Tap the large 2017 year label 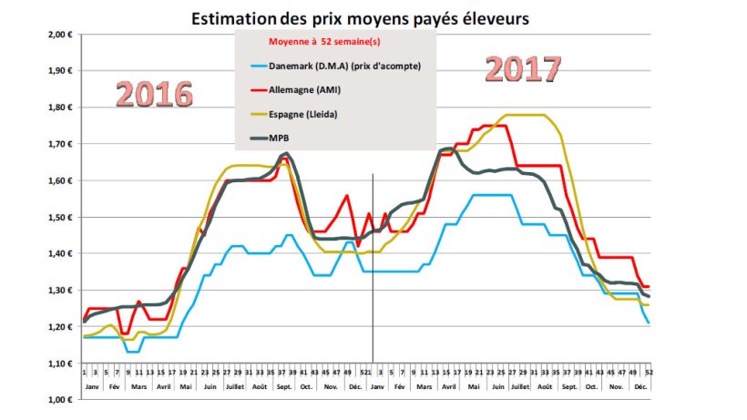521,69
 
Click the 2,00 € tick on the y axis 59,35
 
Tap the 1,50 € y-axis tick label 59,218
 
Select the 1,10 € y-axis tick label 59,364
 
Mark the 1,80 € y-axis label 59,108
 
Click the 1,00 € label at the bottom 59,400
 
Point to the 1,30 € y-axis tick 59,291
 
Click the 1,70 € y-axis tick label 59,144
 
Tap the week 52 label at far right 649,372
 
